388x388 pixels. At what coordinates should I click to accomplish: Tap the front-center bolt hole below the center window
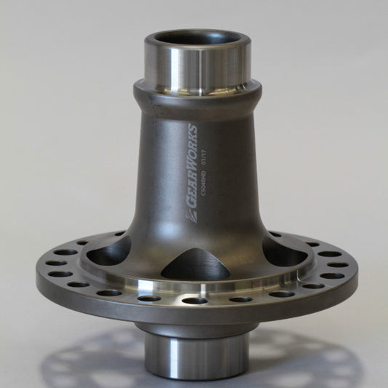pos(195,300)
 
